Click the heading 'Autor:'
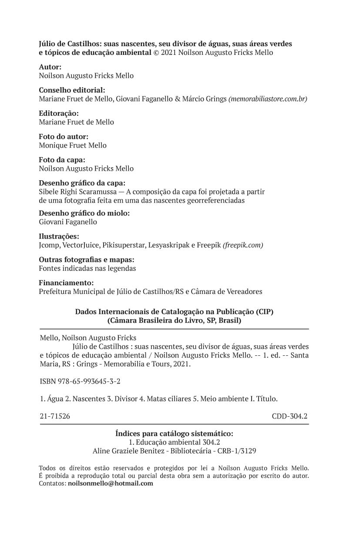(50, 67)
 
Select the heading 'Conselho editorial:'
(72, 91)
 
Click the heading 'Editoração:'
(59, 114)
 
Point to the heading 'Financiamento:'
(66, 283)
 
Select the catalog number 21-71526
(54, 416)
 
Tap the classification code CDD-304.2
(290, 416)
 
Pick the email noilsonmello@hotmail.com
(111, 483)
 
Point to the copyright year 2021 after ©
(168, 53)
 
